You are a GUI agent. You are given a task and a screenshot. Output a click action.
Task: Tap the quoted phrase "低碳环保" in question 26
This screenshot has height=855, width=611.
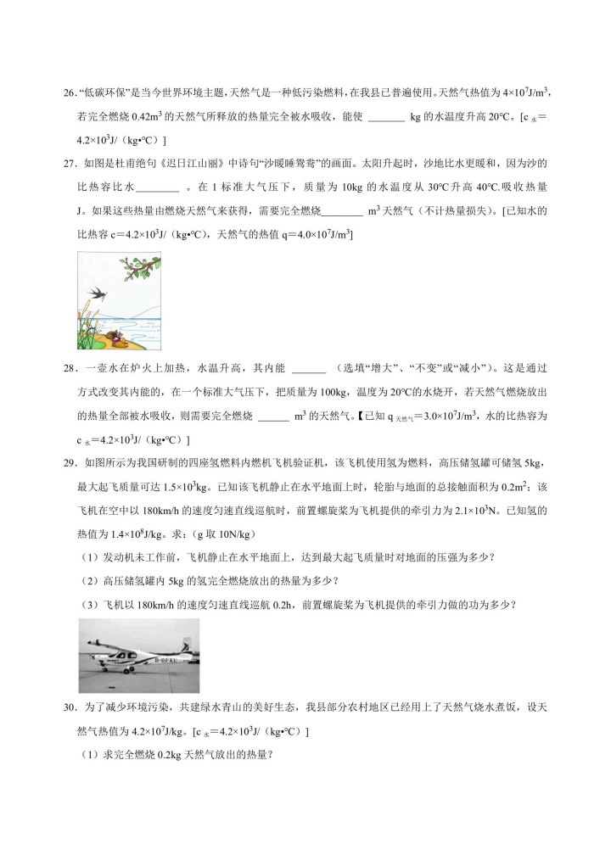tap(102, 93)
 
